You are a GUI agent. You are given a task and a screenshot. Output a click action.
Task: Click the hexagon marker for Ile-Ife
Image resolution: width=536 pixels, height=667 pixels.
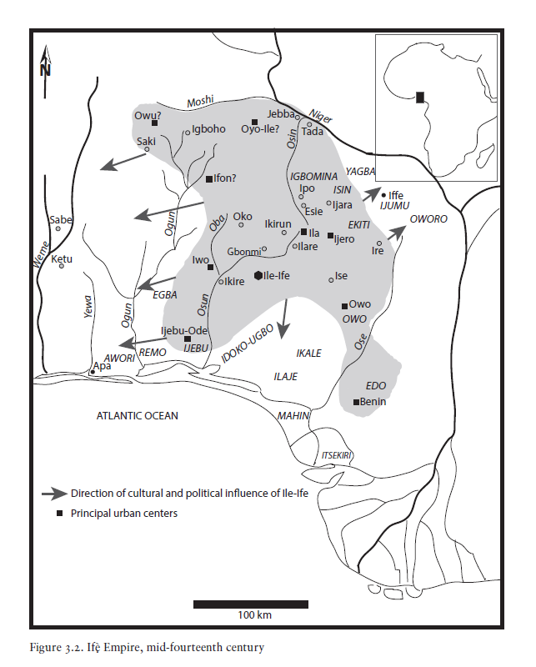(258, 275)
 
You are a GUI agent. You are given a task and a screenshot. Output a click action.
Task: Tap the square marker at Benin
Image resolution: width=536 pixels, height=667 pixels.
(356, 402)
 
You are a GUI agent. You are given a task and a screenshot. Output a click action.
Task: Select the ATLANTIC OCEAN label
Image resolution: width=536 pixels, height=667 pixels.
(138, 415)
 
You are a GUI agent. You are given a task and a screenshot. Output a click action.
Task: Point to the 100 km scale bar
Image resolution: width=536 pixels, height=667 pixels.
(250, 604)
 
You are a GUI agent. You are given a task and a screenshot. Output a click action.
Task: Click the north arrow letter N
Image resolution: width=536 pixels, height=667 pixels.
(45, 70)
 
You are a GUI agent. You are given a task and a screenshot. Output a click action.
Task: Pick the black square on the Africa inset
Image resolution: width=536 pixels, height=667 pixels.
(421, 98)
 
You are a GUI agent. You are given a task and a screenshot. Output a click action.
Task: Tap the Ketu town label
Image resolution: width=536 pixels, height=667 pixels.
(63, 258)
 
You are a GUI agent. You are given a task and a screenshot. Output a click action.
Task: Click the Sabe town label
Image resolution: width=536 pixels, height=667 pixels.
(61, 220)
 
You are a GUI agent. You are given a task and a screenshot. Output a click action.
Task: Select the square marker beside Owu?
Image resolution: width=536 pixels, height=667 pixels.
(155, 123)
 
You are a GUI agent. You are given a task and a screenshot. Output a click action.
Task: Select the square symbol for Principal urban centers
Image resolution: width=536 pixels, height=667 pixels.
(59, 514)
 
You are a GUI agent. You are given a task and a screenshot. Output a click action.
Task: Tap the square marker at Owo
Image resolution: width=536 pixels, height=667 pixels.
(344, 305)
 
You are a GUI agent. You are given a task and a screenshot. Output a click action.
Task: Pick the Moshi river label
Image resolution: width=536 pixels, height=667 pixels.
(201, 102)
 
